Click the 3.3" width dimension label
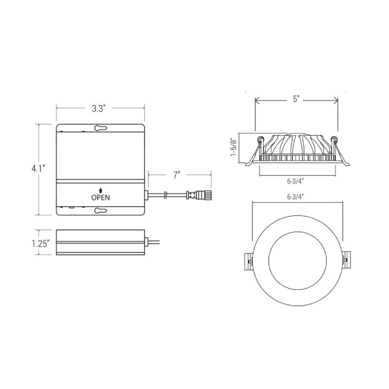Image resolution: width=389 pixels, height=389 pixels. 99,108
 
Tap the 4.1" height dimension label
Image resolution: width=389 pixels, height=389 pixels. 38,169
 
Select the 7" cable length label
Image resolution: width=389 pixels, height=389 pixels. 176,175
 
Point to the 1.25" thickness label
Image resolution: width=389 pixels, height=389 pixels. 41,243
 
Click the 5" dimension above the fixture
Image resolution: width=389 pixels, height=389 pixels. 296,99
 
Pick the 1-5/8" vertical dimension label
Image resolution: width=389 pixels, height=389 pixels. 234,147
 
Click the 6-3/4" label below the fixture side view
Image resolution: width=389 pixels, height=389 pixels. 295,181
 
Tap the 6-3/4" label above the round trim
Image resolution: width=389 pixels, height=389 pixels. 295,197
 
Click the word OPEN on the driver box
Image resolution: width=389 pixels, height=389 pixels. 101,197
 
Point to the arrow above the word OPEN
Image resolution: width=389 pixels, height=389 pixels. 101,190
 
